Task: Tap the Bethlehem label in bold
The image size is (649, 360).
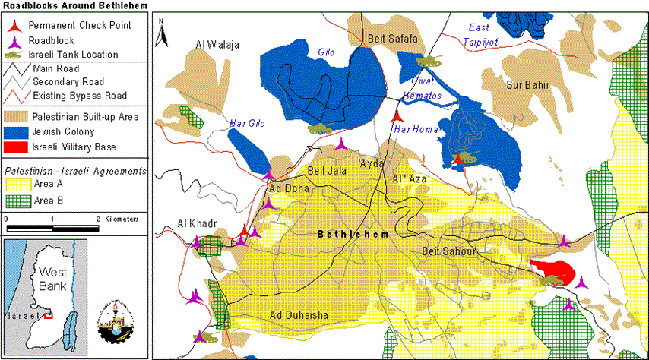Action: click(352, 235)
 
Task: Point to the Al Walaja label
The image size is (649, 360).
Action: click(217, 46)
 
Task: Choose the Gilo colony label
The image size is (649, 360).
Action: click(325, 52)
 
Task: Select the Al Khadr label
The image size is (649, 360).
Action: click(198, 223)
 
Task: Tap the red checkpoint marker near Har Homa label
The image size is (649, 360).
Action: click(396, 116)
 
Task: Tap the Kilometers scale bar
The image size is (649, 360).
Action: click(52, 227)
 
